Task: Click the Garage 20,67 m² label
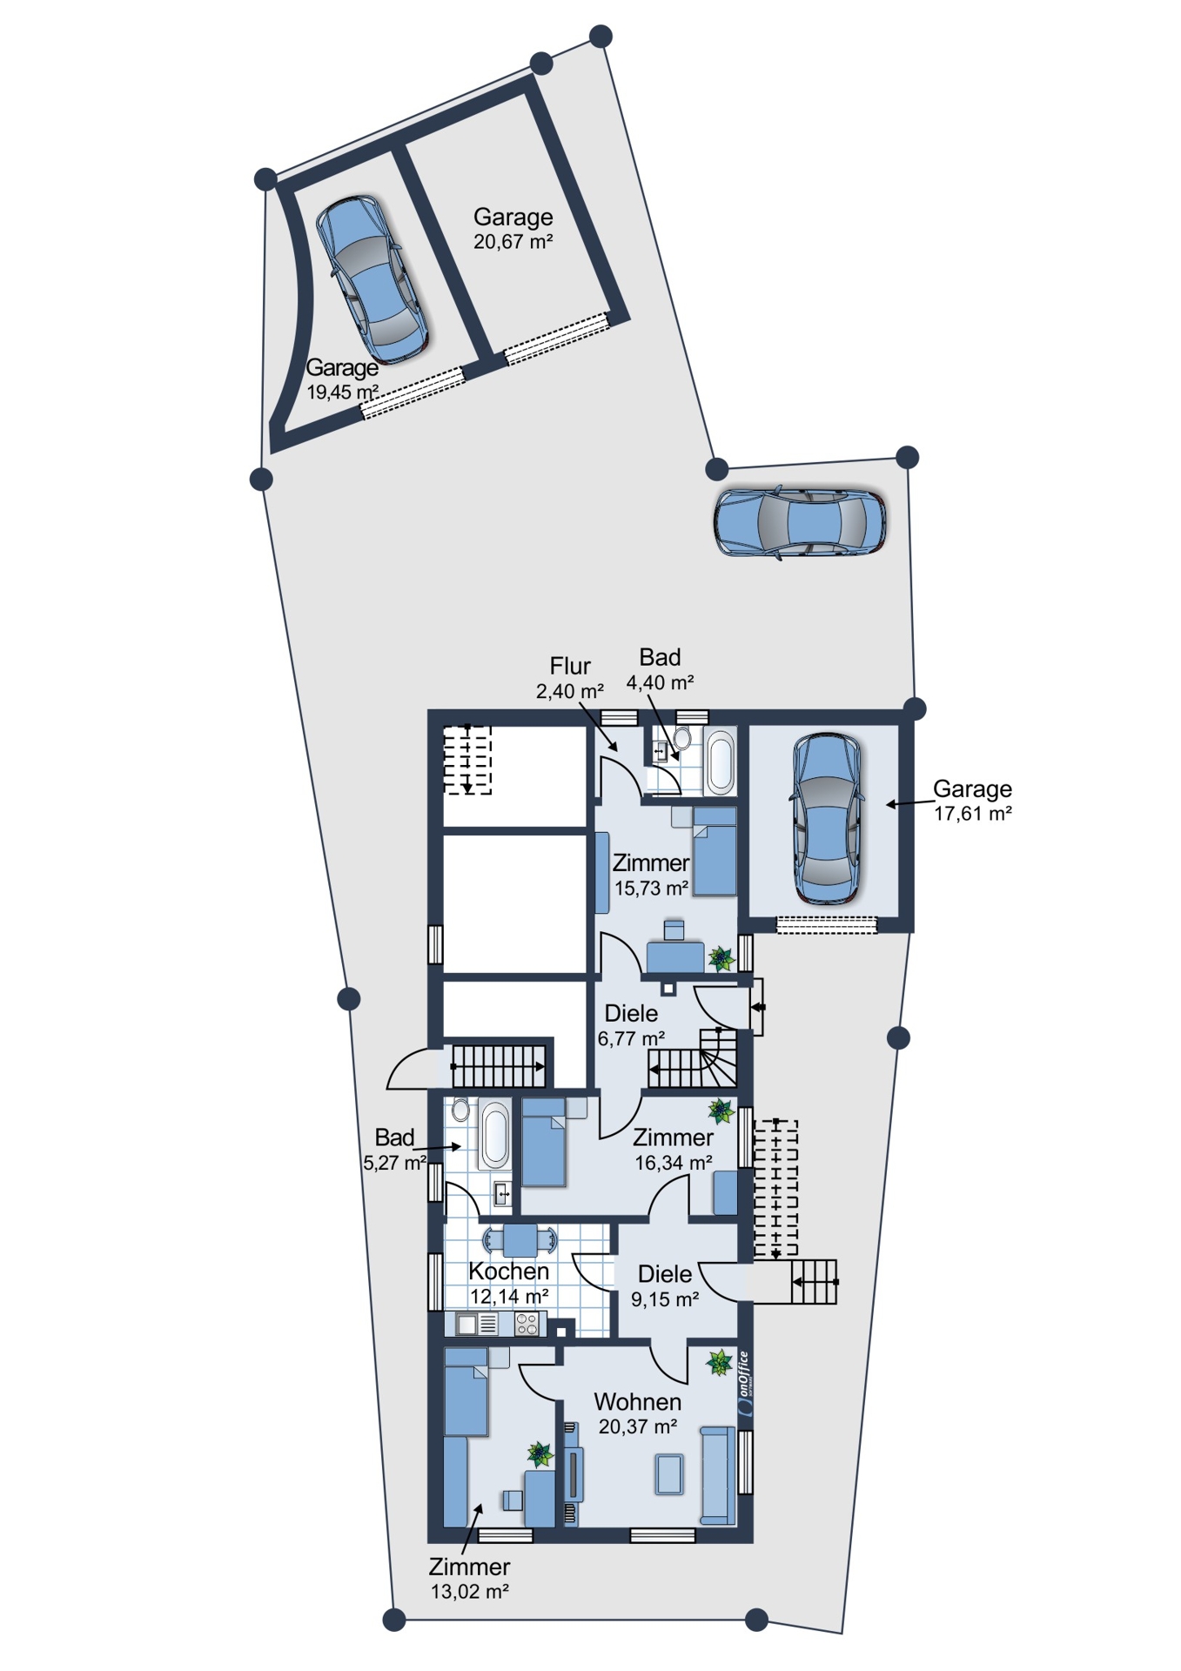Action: (x=513, y=229)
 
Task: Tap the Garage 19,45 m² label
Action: (x=342, y=379)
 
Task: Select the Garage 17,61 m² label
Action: (x=972, y=801)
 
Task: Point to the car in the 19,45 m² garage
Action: (x=372, y=278)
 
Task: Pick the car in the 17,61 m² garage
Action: (x=825, y=818)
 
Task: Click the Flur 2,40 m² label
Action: (x=570, y=679)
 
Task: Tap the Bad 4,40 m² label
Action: (x=660, y=670)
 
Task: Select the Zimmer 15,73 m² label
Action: (x=651, y=876)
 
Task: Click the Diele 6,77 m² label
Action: (x=631, y=1026)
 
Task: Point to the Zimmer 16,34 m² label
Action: (x=673, y=1150)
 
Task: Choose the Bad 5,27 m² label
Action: (x=394, y=1150)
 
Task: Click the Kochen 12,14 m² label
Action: (x=509, y=1284)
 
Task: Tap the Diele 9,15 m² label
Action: (x=665, y=1287)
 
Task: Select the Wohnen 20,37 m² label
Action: (x=638, y=1414)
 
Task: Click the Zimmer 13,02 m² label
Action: (x=470, y=1579)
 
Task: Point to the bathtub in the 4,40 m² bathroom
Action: (x=721, y=762)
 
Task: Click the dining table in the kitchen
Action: (x=520, y=1240)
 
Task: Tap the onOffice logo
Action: (x=743, y=1385)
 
